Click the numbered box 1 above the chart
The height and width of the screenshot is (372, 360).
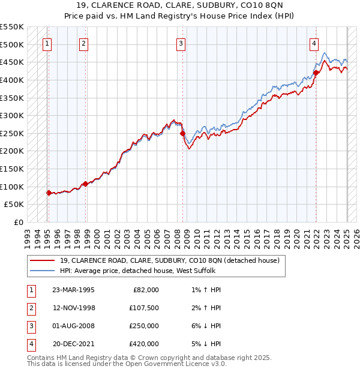coord(47,43)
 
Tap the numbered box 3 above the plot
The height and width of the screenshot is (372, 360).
coord(181,43)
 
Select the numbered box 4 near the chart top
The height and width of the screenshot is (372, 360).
coord(314,43)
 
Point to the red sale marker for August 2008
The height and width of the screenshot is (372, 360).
coord(183,133)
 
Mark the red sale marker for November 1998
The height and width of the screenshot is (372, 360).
coord(86,184)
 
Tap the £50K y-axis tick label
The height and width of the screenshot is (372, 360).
coord(14,205)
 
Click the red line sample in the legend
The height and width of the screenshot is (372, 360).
coord(43,260)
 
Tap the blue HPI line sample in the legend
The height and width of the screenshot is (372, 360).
coord(43,271)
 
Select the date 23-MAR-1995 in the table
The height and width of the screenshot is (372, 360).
coord(73,290)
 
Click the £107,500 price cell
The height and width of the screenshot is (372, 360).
coord(144,308)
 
